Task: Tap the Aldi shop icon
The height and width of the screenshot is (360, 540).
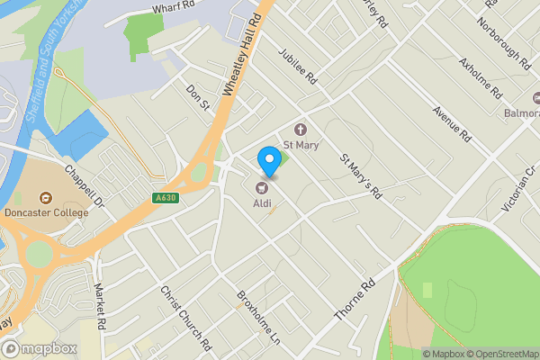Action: tap(262, 188)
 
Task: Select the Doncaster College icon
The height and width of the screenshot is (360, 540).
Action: tap(44, 198)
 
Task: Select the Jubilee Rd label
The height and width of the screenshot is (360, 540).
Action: tap(299, 66)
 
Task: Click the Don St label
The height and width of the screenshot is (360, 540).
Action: tap(198, 99)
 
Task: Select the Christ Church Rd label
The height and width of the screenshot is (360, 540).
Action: tap(185, 320)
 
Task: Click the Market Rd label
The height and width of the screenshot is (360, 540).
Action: tap(101, 307)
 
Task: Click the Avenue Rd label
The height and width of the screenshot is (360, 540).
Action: tap(452, 124)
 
